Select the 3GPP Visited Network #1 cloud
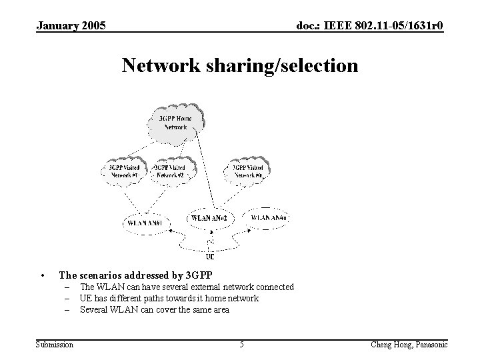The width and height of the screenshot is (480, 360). (x=125, y=171)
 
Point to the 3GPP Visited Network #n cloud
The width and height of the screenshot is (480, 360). (x=251, y=171)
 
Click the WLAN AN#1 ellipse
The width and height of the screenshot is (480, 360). (x=147, y=221)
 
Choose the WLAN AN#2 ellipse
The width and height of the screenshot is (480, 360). (x=209, y=218)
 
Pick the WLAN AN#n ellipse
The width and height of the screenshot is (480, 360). (x=269, y=217)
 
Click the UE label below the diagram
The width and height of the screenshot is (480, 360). (x=210, y=256)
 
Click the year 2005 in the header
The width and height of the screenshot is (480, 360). (x=93, y=26)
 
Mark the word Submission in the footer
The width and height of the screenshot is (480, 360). (x=55, y=344)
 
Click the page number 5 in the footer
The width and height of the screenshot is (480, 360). (x=241, y=344)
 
